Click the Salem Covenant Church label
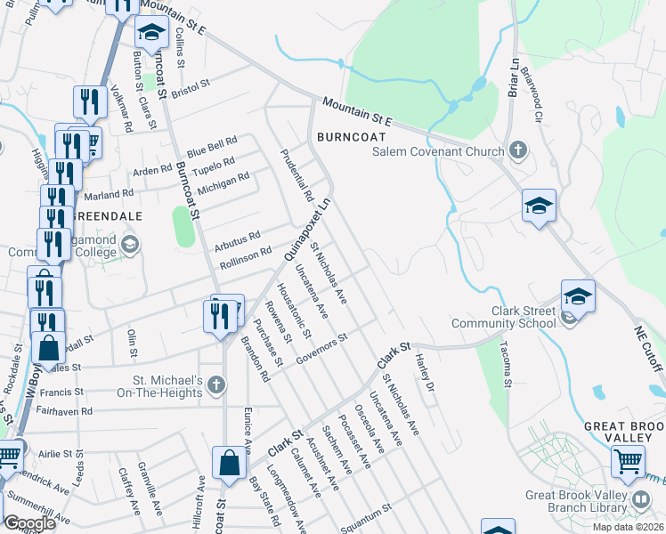tap(437, 151)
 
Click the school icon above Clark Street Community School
tap(577, 296)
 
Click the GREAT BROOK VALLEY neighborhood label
tap(624, 433)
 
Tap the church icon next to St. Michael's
tap(218, 384)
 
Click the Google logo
tap(29, 522)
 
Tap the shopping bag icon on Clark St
tap(229, 464)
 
